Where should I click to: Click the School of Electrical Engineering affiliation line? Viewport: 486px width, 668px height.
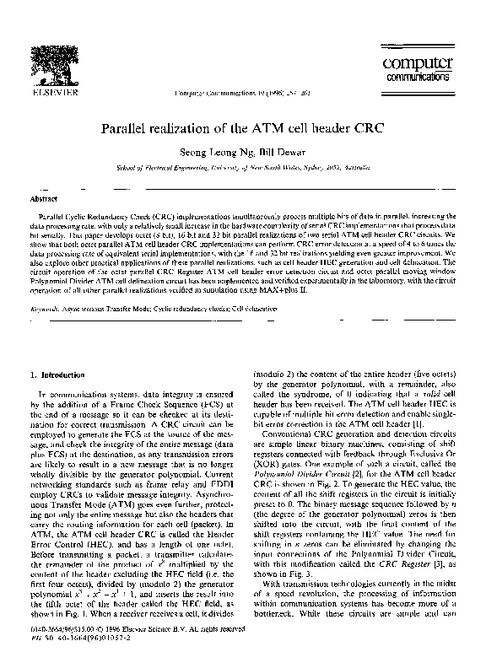tap(242, 169)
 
